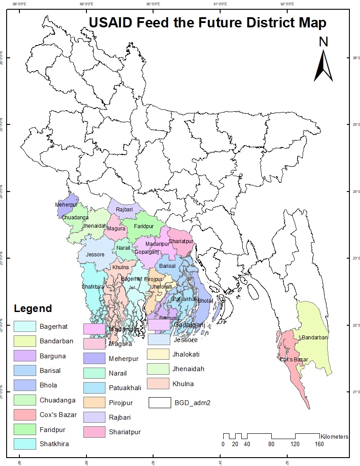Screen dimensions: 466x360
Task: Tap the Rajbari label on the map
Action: click(124, 210)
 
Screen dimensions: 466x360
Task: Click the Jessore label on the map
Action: click(95, 255)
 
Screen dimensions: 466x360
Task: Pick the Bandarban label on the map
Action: click(315, 338)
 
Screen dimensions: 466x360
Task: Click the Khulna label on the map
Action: click(120, 267)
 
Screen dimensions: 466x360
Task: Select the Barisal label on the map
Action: click(167, 267)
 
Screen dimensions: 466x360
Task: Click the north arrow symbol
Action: click(323, 66)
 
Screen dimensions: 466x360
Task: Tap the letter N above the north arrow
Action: click(324, 42)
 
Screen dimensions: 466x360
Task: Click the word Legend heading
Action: click(33, 308)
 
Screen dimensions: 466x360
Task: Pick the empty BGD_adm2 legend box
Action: click(159, 403)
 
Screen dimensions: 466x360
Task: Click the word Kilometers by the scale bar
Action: click(334, 437)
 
